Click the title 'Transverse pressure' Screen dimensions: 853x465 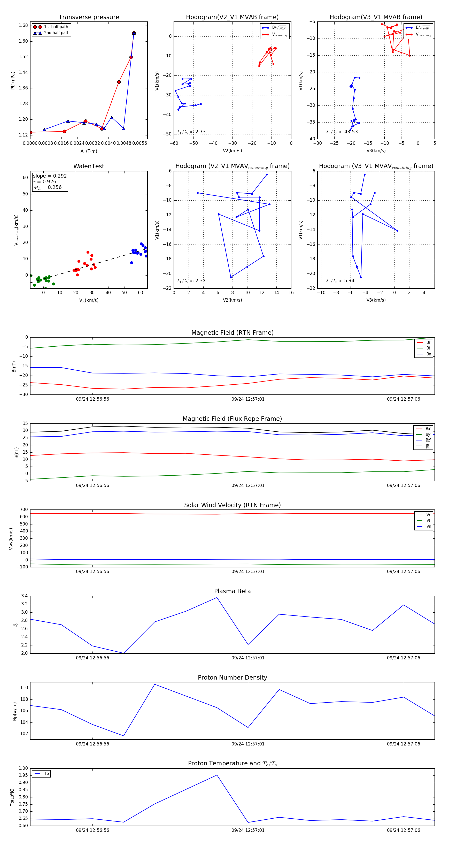tap(89, 17)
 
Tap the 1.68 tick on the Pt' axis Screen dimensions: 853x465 tap(23, 26)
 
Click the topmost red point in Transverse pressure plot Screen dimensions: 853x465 tap(134, 33)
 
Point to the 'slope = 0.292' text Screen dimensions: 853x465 tap(50, 176)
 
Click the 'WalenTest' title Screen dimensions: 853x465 tap(89, 166)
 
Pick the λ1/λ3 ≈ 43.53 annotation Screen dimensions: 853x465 tap(342, 132)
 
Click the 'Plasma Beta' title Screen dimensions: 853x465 tap(232, 591)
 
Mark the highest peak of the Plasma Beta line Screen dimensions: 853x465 tap(217, 597)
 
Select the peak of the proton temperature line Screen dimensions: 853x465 tap(217, 775)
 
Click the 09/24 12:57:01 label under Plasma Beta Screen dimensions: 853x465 tap(248, 658)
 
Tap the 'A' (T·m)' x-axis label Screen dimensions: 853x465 tap(89, 151)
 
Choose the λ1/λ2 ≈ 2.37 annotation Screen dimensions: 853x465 tap(191, 281)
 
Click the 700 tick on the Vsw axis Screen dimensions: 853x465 tap(24, 510)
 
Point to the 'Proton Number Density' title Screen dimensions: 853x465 tap(232, 677)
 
